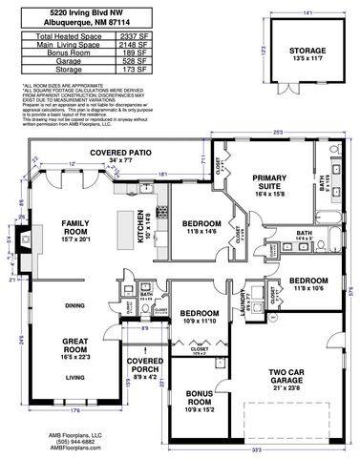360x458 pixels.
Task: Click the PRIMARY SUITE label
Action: pyautogui.click(x=278, y=181)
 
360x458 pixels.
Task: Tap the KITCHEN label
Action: pyautogui.click(x=140, y=225)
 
